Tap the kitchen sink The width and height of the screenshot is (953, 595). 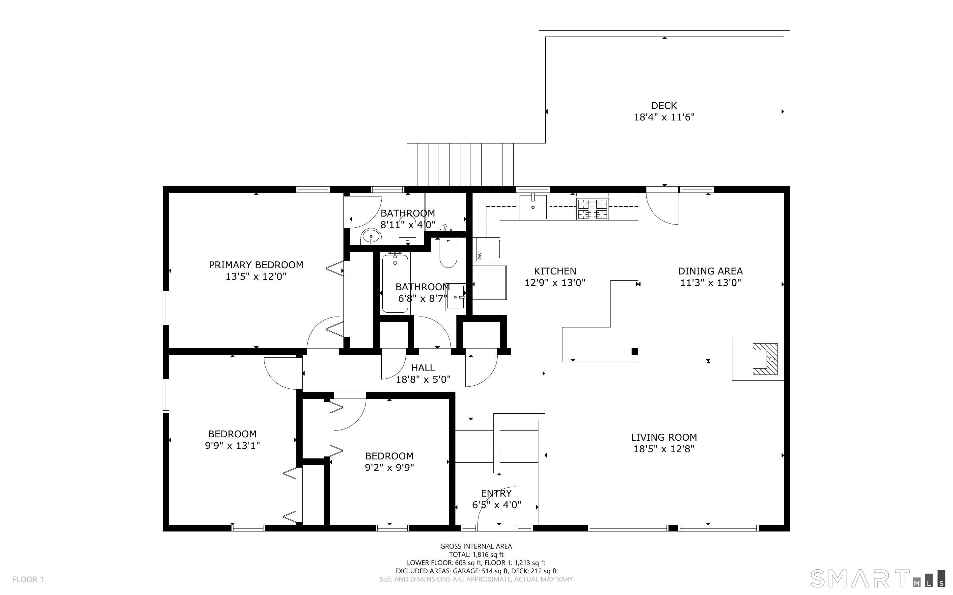click(x=533, y=207)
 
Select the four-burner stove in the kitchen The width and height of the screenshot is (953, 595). click(x=592, y=209)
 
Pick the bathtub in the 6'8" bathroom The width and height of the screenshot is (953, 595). click(x=395, y=283)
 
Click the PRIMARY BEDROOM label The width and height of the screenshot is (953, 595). click(x=256, y=265)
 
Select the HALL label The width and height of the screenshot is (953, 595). click(x=423, y=368)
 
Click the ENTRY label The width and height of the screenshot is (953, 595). click(x=496, y=493)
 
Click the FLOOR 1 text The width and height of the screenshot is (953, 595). click(x=28, y=579)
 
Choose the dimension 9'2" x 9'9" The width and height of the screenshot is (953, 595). click(x=389, y=468)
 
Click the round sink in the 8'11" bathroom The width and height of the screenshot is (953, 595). click(x=371, y=237)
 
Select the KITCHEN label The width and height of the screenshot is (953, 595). click(x=555, y=271)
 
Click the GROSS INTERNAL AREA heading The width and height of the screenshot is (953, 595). click(x=476, y=546)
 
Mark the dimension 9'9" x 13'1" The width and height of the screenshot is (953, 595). click(x=232, y=446)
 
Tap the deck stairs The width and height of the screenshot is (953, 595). click(x=465, y=165)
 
